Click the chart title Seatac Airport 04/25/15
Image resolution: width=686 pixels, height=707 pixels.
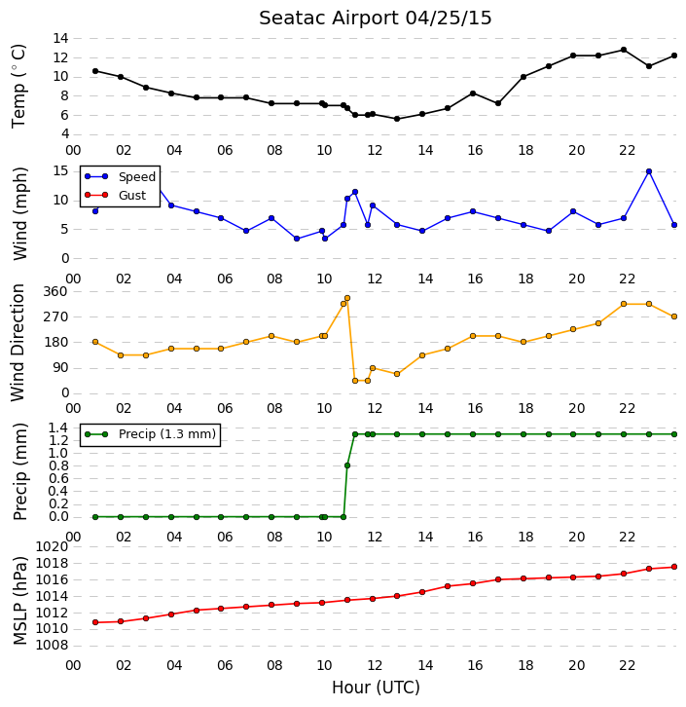point(376,19)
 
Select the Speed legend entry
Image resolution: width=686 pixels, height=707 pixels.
point(120,177)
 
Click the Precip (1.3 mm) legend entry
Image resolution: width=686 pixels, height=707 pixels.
point(150,434)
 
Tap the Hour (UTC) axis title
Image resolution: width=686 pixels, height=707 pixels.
point(376,688)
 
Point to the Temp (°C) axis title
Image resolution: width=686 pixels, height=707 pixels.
point(18,86)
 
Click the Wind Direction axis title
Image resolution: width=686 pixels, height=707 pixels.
point(18,343)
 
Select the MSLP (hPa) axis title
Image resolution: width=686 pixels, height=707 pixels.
point(19,600)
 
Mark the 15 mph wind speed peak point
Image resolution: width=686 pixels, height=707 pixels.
point(649,171)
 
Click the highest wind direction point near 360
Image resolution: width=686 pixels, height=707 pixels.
point(347,298)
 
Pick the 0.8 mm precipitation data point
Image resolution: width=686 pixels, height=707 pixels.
point(347,465)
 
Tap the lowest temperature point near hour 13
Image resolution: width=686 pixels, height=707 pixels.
point(397,119)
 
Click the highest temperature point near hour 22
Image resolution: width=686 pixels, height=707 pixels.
point(624,50)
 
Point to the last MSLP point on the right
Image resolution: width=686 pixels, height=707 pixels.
point(674,567)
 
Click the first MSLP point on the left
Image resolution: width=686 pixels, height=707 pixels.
point(95,622)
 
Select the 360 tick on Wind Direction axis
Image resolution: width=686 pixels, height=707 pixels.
point(55,292)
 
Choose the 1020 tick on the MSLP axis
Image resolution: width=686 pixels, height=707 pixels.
point(52,547)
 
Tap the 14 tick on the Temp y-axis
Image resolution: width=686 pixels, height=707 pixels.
point(60,38)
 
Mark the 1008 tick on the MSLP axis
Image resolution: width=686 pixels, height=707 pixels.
point(52,646)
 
